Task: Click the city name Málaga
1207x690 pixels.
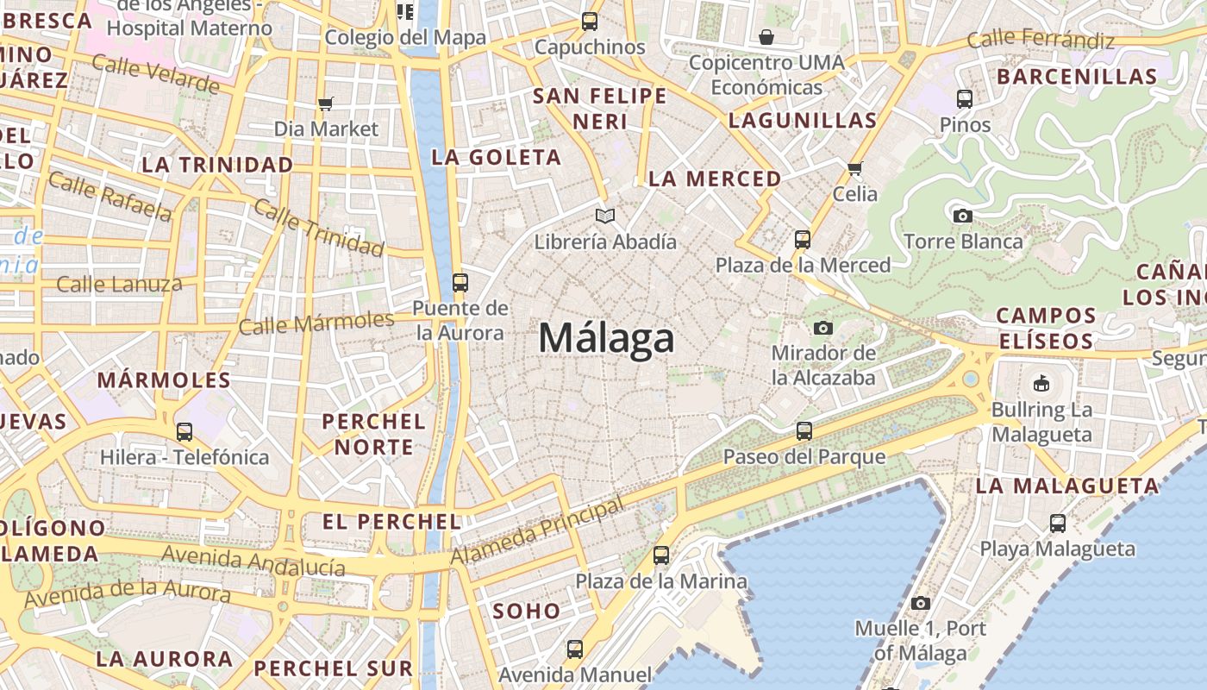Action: pos(606,337)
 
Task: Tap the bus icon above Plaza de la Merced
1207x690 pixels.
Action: pos(803,239)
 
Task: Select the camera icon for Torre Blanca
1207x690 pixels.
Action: pos(963,216)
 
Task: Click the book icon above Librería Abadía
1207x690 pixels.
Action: pos(605,216)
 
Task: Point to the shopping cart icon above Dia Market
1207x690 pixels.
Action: pos(325,104)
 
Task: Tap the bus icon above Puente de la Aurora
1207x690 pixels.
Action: pos(460,282)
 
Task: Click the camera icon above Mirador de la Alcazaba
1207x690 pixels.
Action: pos(823,328)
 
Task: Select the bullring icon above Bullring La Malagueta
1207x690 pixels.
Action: pos(1041,383)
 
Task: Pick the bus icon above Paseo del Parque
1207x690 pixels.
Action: pos(804,430)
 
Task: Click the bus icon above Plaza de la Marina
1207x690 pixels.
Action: pos(661,555)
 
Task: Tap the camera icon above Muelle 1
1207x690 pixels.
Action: pos(921,603)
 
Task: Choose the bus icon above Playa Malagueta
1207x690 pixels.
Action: pos(1058,523)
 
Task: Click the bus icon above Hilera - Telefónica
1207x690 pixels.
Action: pos(184,431)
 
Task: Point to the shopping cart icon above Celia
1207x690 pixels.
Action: pos(854,168)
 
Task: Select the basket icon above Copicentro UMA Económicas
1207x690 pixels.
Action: pos(766,37)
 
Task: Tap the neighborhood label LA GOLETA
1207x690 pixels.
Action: pos(497,158)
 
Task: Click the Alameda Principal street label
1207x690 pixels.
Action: pos(537,530)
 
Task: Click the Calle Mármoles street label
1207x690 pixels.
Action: pos(316,323)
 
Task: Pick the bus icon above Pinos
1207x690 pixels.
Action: pos(965,99)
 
